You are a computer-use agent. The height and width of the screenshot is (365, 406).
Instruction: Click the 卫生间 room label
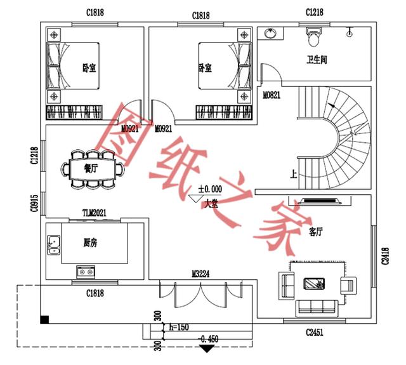tap(317, 60)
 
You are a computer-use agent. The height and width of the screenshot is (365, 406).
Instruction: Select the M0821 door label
tap(272, 95)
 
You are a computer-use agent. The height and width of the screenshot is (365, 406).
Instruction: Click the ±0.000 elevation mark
tap(209, 189)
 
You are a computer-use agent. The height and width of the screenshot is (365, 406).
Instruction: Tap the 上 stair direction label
tap(292, 175)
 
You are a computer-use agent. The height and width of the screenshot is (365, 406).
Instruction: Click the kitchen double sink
tap(54, 244)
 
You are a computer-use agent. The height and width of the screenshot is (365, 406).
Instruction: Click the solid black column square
tap(44, 319)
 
